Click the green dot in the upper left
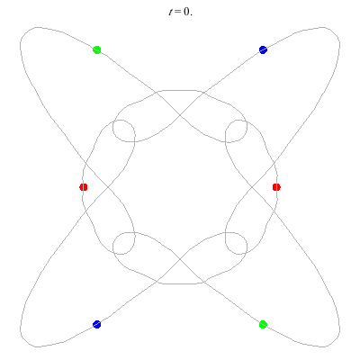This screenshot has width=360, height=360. click(96, 49)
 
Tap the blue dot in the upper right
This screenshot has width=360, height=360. click(263, 49)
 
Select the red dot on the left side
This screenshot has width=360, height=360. click(84, 187)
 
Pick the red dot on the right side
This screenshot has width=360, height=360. click(276, 187)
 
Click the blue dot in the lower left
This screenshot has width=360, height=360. click(96, 324)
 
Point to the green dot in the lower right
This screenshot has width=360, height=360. click(263, 324)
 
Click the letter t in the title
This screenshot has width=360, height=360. click(171, 12)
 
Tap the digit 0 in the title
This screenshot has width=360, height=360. click(186, 12)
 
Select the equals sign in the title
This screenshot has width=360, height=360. click(178, 13)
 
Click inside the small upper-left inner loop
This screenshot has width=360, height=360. click(124, 130)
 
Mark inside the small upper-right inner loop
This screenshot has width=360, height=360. click(236, 130)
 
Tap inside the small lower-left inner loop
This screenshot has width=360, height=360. click(124, 243)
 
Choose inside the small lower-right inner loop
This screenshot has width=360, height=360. click(236, 243)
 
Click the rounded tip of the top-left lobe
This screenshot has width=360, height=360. click(24, 32)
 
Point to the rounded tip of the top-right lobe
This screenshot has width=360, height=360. click(335, 32)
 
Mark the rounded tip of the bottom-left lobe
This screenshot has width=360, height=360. click(24, 342)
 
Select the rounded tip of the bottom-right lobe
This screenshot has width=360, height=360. click(335, 342)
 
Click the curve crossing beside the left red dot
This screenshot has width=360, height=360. click(108, 187)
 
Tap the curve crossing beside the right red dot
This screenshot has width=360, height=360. click(251, 187)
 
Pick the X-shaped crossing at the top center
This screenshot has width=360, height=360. click(180, 115)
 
